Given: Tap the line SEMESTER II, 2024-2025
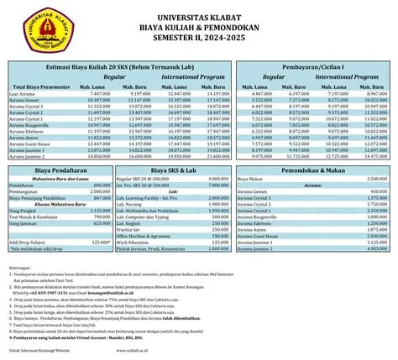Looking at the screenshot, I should click(x=199, y=36).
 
